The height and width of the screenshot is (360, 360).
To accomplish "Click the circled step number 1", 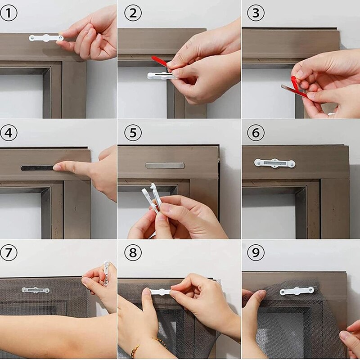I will click(9, 13).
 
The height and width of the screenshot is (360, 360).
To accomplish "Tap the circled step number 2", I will click(133, 13).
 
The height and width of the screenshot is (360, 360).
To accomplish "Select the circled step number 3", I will click(256, 13).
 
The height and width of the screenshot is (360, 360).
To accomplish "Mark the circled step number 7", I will click(9, 253).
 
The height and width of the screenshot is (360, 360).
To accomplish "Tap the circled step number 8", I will click(133, 253).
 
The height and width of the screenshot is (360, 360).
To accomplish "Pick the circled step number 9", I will click(256, 253).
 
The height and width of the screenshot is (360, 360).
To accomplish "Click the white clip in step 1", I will click(45, 38).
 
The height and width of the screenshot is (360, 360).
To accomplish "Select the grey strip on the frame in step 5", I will click(165, 166).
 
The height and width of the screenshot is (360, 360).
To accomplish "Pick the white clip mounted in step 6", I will click(274, 163).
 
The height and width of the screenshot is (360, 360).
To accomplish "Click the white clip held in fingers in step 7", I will click(106, 272).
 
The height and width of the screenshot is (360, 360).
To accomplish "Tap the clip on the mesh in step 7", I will click(36, 290).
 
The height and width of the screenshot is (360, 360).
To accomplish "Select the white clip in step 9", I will click(297, 291).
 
